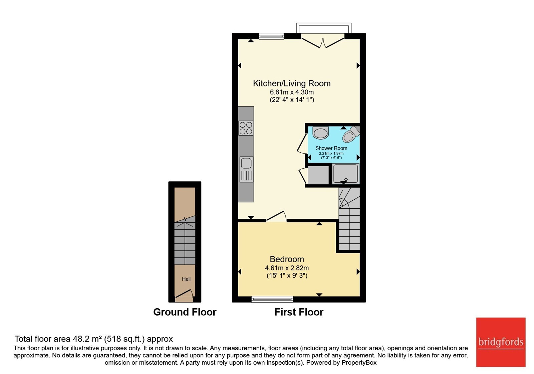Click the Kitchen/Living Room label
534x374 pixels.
292,83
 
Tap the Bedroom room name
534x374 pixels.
287,259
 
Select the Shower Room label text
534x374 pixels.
331,148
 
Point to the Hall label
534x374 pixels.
186,279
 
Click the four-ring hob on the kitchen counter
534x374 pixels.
246,128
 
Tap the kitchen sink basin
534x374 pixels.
246,164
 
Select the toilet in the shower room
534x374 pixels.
351,134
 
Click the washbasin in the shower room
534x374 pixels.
321,133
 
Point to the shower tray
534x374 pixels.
345,173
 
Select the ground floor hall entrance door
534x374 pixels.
184,294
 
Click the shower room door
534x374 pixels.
302,144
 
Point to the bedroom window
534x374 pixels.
272,299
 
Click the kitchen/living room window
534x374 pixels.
271,36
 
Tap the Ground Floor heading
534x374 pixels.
185,312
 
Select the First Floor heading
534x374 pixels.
299,312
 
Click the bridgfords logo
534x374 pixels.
501,342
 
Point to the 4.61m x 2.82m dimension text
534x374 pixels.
287,268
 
